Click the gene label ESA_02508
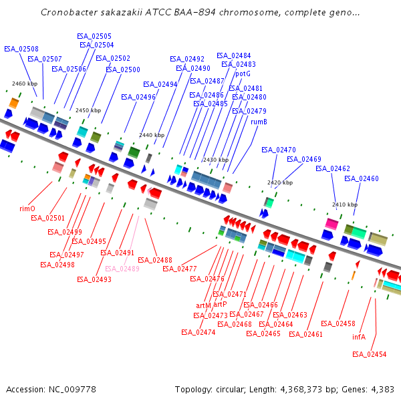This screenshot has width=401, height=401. tap(21, 49)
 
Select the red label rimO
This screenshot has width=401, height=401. tap(27, 209)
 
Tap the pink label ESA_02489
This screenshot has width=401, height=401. tap(122, 269)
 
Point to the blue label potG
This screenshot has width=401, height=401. tap(243, 74)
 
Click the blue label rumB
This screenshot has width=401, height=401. tap(259, 122)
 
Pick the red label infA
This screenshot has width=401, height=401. tap(359, 337)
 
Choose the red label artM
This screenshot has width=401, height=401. tap(203, 305)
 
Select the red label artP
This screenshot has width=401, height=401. tap(220, 304)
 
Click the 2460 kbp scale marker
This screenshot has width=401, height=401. tap(25, 84)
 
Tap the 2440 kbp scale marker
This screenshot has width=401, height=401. tap(151, 135)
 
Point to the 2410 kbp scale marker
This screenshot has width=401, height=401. tap(344, 205)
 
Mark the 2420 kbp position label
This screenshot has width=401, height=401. tap(280, 182)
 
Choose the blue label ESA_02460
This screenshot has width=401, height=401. tap(362, 178)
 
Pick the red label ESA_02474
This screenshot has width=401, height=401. tap(198, 332)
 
